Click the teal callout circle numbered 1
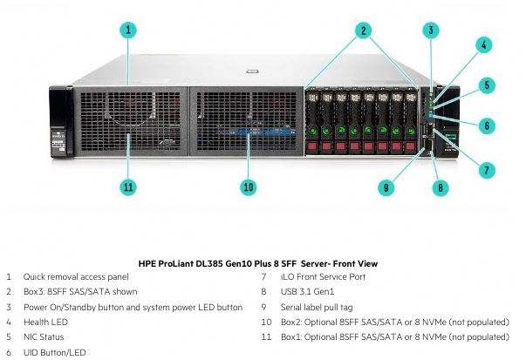128,31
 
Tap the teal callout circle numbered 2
363,31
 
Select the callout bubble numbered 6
487,126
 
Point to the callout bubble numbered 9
386,187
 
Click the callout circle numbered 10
249,187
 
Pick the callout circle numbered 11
128,187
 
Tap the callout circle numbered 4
484,45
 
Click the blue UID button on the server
431,117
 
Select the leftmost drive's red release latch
312,146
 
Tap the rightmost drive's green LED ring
411,131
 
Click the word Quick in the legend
34,277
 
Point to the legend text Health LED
45,323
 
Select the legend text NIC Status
44,336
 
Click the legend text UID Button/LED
55,352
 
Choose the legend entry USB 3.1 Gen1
307,292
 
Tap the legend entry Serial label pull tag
317,308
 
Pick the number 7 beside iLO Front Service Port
264,277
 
